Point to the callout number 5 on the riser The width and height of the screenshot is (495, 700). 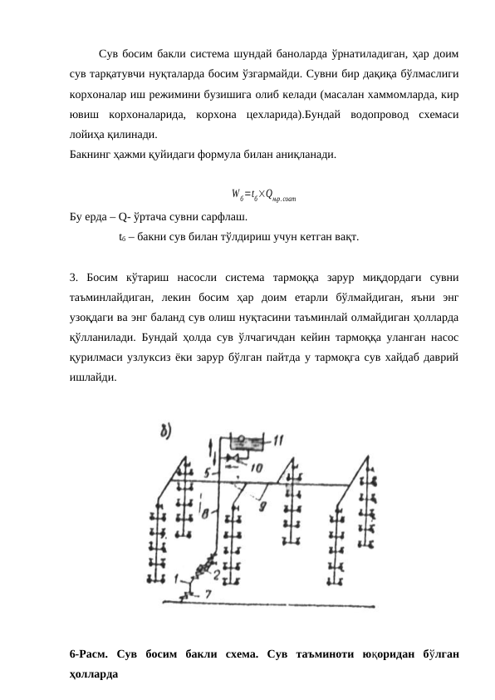208,472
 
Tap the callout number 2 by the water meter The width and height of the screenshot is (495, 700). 217,574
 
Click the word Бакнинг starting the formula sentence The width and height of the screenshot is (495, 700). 92,154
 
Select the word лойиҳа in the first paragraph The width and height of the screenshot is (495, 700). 91,135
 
